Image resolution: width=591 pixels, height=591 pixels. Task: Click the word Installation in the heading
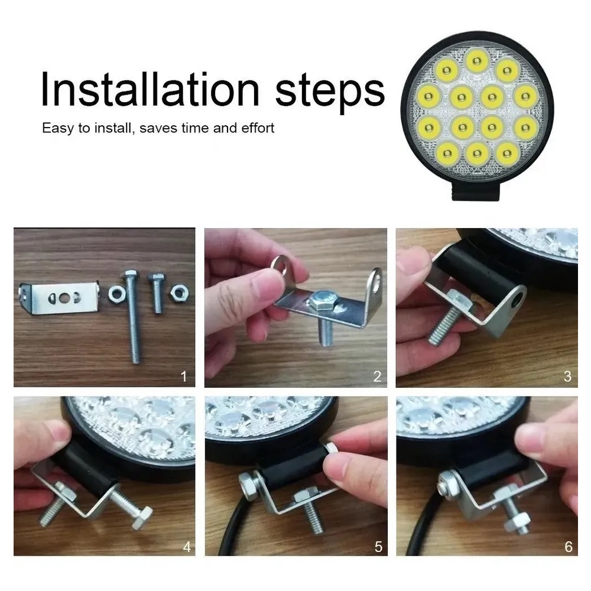pyautogui.click(x=150, y=89)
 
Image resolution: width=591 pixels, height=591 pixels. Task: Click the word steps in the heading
pyautogui.click(x=330, y=92)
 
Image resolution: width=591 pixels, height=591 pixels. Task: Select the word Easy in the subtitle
pyautogui.click(x=58, y=128)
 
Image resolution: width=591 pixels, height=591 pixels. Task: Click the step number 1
pyautogui.click(x=184, y=376)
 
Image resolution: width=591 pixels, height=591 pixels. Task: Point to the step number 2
pyautogui.click(x=377, y=376)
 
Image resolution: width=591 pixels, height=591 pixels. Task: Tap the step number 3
pyautogui.click(x=567, y=376)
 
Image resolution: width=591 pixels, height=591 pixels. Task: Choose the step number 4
pyautogui.click(x=187, y=546)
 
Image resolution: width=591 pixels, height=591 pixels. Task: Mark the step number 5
pyautogui.click(x=378, y=546)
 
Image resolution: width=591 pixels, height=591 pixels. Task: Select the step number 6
pyautogui.click(x=569, y=546)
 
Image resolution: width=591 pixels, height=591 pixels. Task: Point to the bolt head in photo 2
pyautogui.click(x=320, y=300)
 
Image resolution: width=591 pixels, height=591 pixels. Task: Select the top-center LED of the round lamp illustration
pyautogui.click(x=477, y=60)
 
